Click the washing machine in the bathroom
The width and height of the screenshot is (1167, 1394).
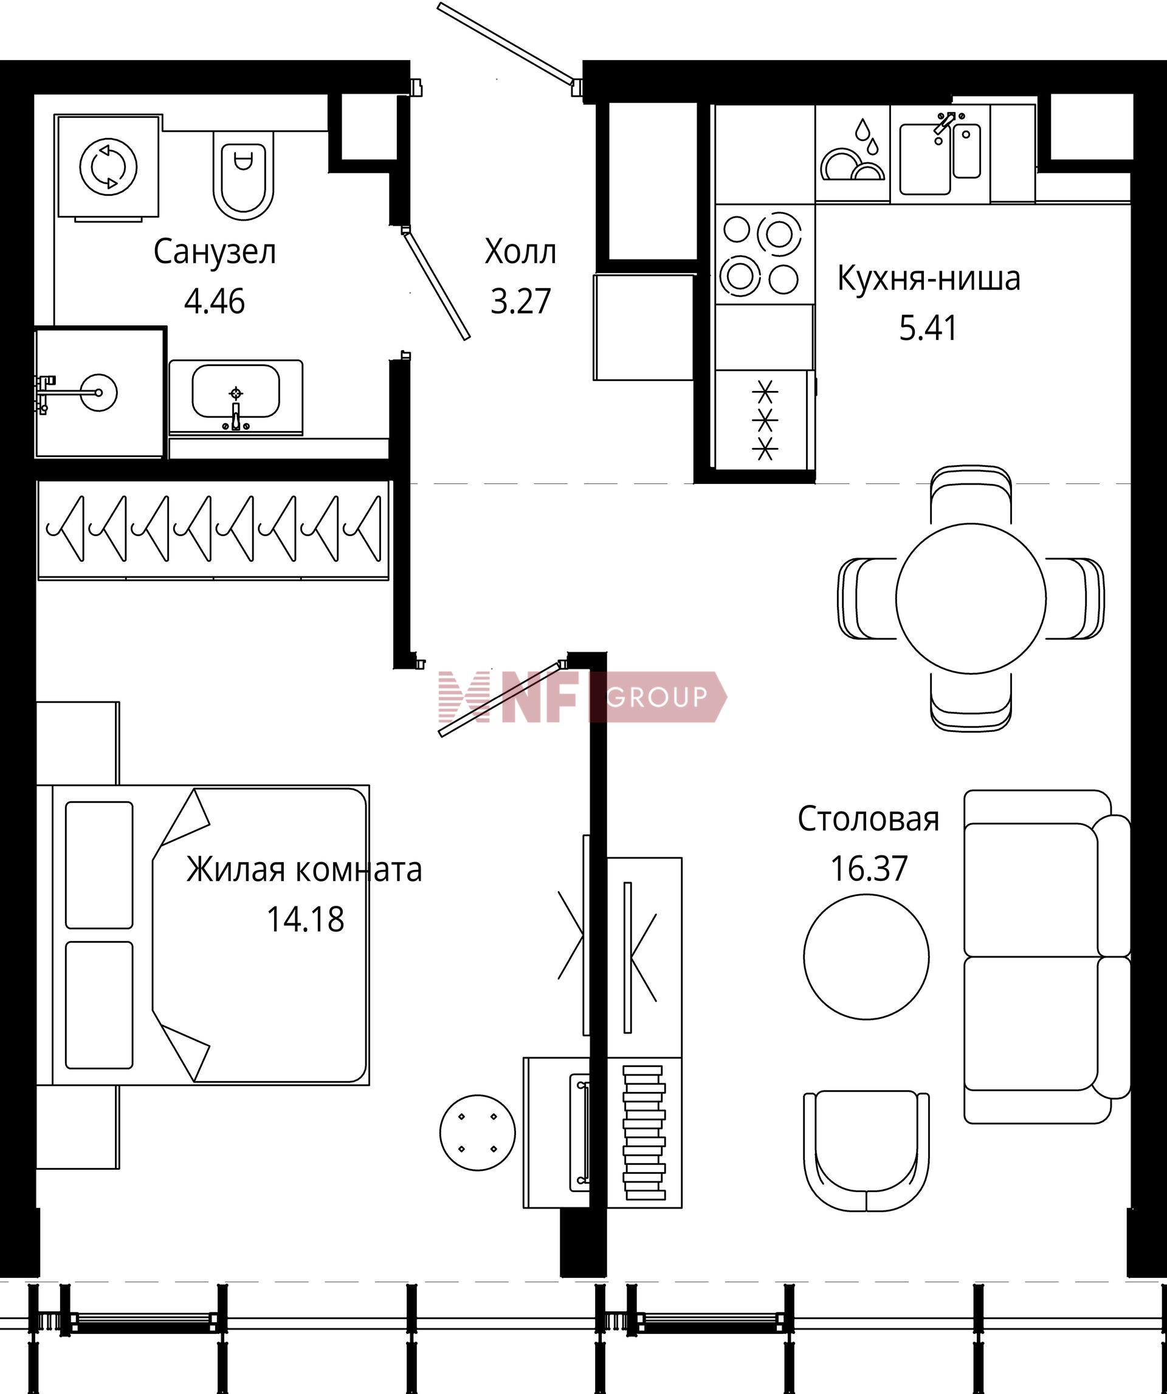point(108,167)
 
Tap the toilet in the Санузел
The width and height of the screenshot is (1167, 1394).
point(244,174)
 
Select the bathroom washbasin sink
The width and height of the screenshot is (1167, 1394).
point(236,397)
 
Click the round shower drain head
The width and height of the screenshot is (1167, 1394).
point(98,392)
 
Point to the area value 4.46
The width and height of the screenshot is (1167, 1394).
point(215,302)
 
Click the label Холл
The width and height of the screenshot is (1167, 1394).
point(520,252)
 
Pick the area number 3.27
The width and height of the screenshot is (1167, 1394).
point(521,302)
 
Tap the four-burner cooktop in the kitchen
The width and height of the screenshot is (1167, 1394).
point(764,254)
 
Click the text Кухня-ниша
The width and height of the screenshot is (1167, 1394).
point(929,278)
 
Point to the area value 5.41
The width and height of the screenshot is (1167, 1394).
point(929,328)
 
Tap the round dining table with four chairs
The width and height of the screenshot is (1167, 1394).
point(971,598)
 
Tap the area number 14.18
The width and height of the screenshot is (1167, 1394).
point(305,920)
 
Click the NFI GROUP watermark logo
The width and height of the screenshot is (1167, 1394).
point(582,697)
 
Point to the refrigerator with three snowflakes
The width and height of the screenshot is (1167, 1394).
point(765,419)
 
